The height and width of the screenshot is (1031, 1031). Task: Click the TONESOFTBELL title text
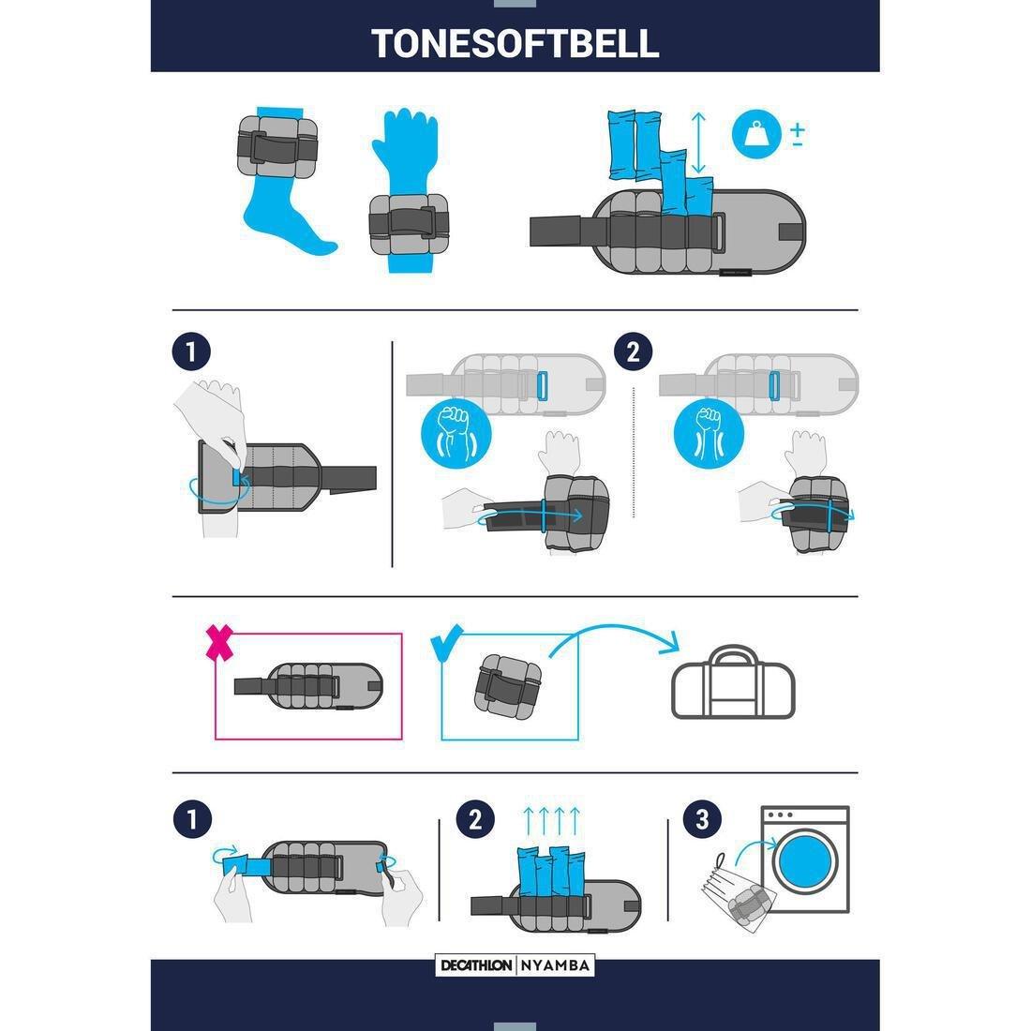click(515, 42)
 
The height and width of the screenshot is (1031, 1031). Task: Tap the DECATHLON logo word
click(476, 965)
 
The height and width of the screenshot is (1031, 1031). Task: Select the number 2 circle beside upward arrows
click(474, 820)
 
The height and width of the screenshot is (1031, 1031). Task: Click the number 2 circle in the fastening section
click(633, 352)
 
